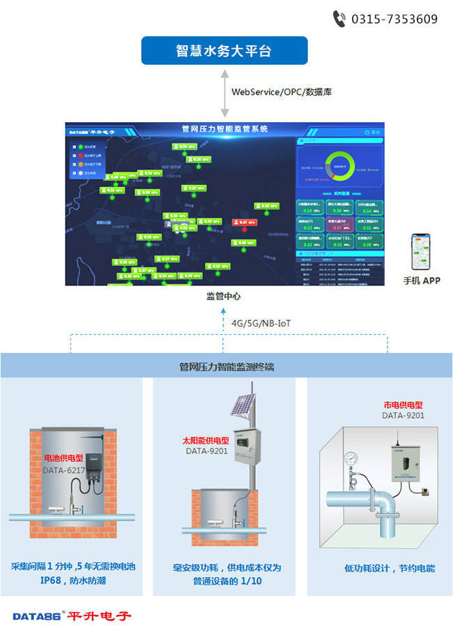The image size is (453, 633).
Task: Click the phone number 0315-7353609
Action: (x=394, y=19)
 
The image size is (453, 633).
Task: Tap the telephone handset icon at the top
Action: (x=339, y=18)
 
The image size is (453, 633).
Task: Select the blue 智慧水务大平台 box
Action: (x=224, y=51)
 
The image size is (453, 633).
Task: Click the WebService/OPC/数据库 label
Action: (x=271, y=91)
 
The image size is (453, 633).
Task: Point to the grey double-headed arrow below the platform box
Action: (x=224, y=94)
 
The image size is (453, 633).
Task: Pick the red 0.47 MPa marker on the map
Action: (x=245, y=223)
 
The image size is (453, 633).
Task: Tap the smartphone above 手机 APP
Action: (x=421, y=251)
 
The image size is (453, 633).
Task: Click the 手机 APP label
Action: (x=422, y=281)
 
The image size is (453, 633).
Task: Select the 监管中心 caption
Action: (x=224, y=296)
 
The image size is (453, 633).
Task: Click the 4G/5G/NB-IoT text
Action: (x=261, y=323)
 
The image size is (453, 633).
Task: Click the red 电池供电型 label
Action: (x=64, y=459)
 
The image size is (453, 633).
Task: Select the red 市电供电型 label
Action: (x=403, y=405)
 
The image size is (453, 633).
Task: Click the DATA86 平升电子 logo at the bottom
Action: (x=72, y=616)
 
